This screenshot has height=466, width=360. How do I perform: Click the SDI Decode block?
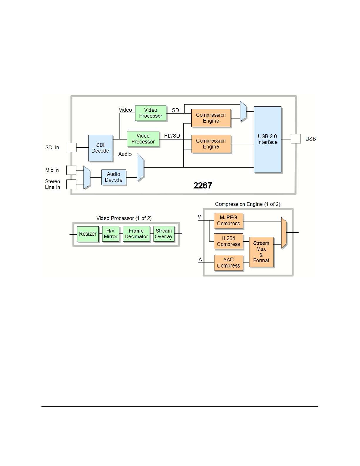pos(101,148)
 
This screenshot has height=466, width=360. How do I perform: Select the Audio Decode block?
pos(113,177)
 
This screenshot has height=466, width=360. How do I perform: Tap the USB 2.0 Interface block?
pos(267,139)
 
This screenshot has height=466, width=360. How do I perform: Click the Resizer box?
pos(88,234)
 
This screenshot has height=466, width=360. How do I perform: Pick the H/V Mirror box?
pos(110,234)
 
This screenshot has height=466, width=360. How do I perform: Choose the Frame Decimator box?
pos(136,234)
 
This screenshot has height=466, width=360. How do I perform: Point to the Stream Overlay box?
pos(164,234)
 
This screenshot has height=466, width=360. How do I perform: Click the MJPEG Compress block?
pos(228,221)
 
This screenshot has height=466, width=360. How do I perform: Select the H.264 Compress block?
pos(228,241)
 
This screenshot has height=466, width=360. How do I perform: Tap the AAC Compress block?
pos(228,263)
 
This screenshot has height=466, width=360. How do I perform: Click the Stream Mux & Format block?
pos(261,252)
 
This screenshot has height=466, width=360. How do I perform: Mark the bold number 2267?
pos(202,186)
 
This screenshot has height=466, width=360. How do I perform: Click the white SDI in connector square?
pos(72,147)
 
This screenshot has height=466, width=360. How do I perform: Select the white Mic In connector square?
pos(71,170)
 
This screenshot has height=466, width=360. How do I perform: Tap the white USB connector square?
pos(296,139)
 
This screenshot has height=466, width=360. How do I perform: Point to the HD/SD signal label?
pos(172,136)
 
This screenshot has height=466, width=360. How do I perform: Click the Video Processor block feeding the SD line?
pos(151,113)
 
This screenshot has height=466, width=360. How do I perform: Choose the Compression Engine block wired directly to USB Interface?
pos(211,144)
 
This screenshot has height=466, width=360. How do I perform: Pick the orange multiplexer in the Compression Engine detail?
pos(284,233)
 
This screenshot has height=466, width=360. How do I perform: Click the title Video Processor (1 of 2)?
pos(124,218)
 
